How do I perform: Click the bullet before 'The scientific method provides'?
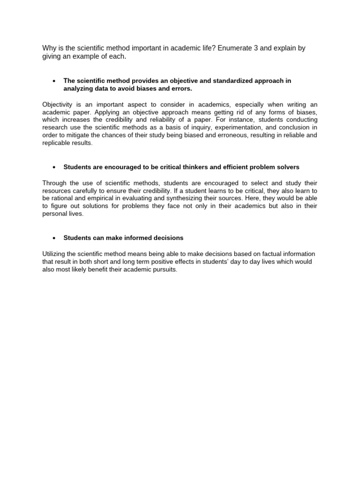[54, 81]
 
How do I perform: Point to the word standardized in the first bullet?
[217, 81]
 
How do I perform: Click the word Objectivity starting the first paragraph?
[58, 105]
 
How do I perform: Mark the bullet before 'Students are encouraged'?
[54, 167]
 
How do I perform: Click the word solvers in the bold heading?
[288, 167]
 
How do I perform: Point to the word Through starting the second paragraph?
[55, 183]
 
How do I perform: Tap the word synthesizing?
[177, 198]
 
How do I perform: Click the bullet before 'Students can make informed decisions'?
[54, 238]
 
